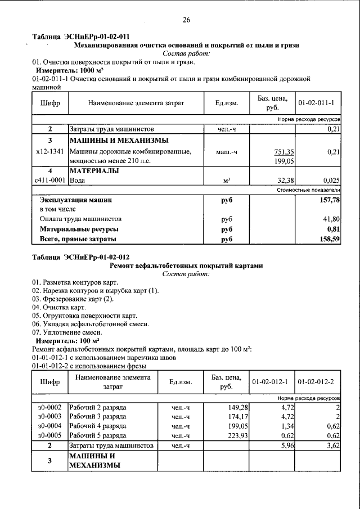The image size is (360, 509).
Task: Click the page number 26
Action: (186, 20)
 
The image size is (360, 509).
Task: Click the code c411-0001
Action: (50, 180)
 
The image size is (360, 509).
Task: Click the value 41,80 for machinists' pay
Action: (330, 219)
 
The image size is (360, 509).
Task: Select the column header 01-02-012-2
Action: (316, 382)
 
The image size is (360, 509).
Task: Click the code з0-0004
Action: (49, 426)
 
